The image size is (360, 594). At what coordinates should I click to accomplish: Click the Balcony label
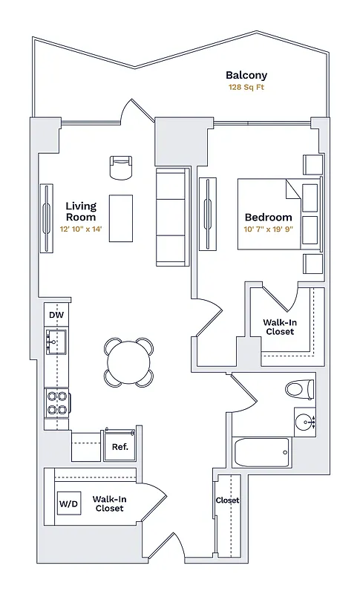[x=246, y=75]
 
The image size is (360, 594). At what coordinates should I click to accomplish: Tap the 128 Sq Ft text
[x=246, y=88]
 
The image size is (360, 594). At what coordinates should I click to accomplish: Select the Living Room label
[x=80, y=212]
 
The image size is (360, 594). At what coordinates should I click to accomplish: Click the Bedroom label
[x=269, y=218]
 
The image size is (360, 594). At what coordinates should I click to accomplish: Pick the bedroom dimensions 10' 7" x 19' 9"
[x=269, y=230]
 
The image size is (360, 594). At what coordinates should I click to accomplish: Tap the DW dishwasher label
[x=56, y=316]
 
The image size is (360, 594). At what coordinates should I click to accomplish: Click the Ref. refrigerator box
[x=120, y=447]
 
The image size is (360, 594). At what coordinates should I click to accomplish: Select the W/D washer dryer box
[x=68, y=504]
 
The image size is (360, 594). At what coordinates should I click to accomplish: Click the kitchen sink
[x=56, y=342]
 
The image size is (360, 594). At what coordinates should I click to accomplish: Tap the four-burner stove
[x=57, y=402]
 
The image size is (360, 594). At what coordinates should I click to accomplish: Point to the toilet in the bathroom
[x=300, y=389]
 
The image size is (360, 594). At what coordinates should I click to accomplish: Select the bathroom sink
[x=306, y=422]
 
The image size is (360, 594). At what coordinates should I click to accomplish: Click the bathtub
[x=261, y=451]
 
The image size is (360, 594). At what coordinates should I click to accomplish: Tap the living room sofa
[x=171, y=218]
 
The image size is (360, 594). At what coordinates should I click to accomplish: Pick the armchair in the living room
[x=120, y=169]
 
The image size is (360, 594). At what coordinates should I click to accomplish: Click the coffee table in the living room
[x=121, y=218]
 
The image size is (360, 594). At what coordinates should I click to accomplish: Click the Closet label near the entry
[x=227, y=500]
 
